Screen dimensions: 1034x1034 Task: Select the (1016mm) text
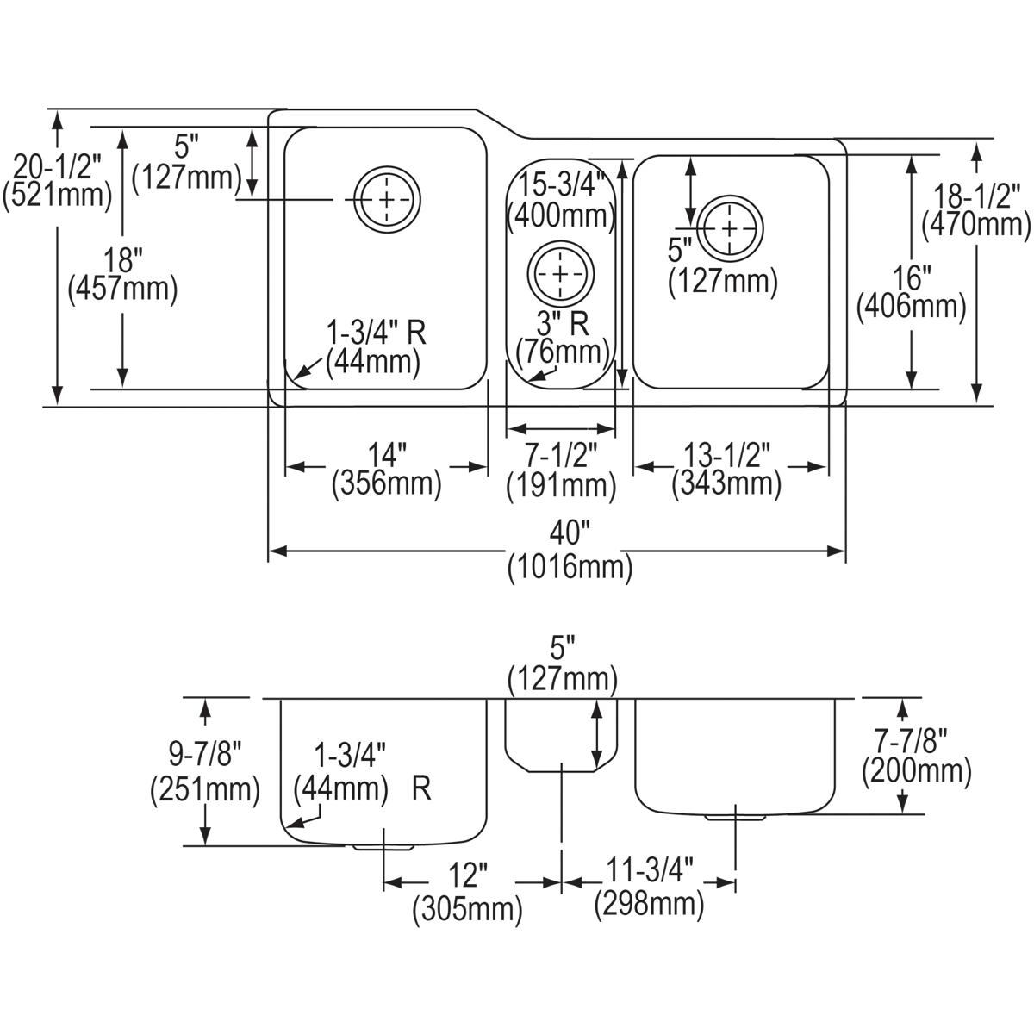(570, 568)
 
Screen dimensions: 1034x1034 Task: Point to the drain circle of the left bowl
(389, 200)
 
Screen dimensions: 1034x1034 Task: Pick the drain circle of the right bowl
(730, 227)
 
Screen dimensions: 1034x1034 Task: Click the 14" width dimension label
(387, 453)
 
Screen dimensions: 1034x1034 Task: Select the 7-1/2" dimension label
(560, 454)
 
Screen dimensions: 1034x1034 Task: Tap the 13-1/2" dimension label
(726, 453)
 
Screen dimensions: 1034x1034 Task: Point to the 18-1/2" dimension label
(977, 195)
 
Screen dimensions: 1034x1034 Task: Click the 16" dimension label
(911, 277)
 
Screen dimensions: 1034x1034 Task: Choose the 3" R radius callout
(562, 324)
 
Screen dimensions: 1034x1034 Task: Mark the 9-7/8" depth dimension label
(203, 757)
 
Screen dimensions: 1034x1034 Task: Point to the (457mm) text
(122, 289)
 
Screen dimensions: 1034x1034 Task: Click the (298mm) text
(648, 905)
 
